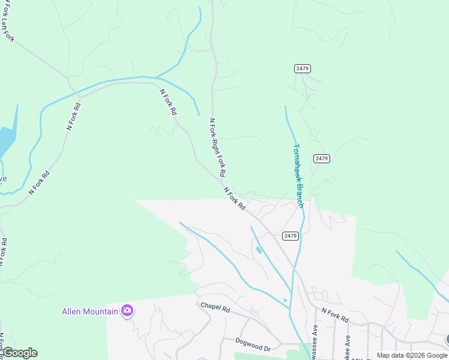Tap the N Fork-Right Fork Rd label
tap(217, 146)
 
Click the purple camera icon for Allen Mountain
tap(127, 310)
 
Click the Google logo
tap(20, 352)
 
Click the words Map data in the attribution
tap(390, 355)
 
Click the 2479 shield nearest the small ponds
tap(288, 236)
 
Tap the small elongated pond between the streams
tap(258, 250)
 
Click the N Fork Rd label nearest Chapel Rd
tap(335, 315)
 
